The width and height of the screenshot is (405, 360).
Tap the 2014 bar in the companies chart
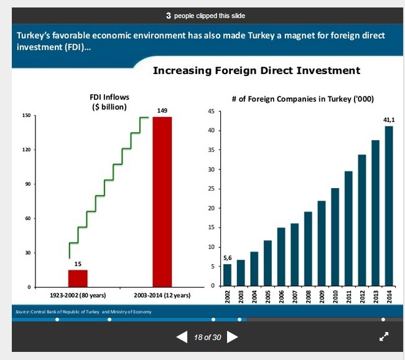point(389,206)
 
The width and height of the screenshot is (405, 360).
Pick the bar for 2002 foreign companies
point(227,275)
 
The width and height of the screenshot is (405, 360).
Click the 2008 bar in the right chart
point(308,249)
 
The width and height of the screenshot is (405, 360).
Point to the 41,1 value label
point(389,119)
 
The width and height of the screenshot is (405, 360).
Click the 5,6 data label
point(227,257)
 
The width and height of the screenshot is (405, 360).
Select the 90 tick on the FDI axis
point(27,184)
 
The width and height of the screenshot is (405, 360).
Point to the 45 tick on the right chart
point(212,111)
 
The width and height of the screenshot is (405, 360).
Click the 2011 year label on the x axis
point(348,296)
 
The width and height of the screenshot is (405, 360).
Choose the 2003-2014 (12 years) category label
point(162,295)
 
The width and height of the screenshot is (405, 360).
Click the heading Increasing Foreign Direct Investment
point(256,71)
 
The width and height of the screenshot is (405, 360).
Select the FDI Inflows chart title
point(109,102)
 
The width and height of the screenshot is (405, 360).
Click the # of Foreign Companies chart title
point(302,98)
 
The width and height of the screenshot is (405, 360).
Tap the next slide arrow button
point(232,337)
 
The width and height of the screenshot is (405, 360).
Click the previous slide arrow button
point(182,337)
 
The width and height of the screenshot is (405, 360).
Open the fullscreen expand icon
point(384,336)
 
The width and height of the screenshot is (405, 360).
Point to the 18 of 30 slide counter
point(207,337)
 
